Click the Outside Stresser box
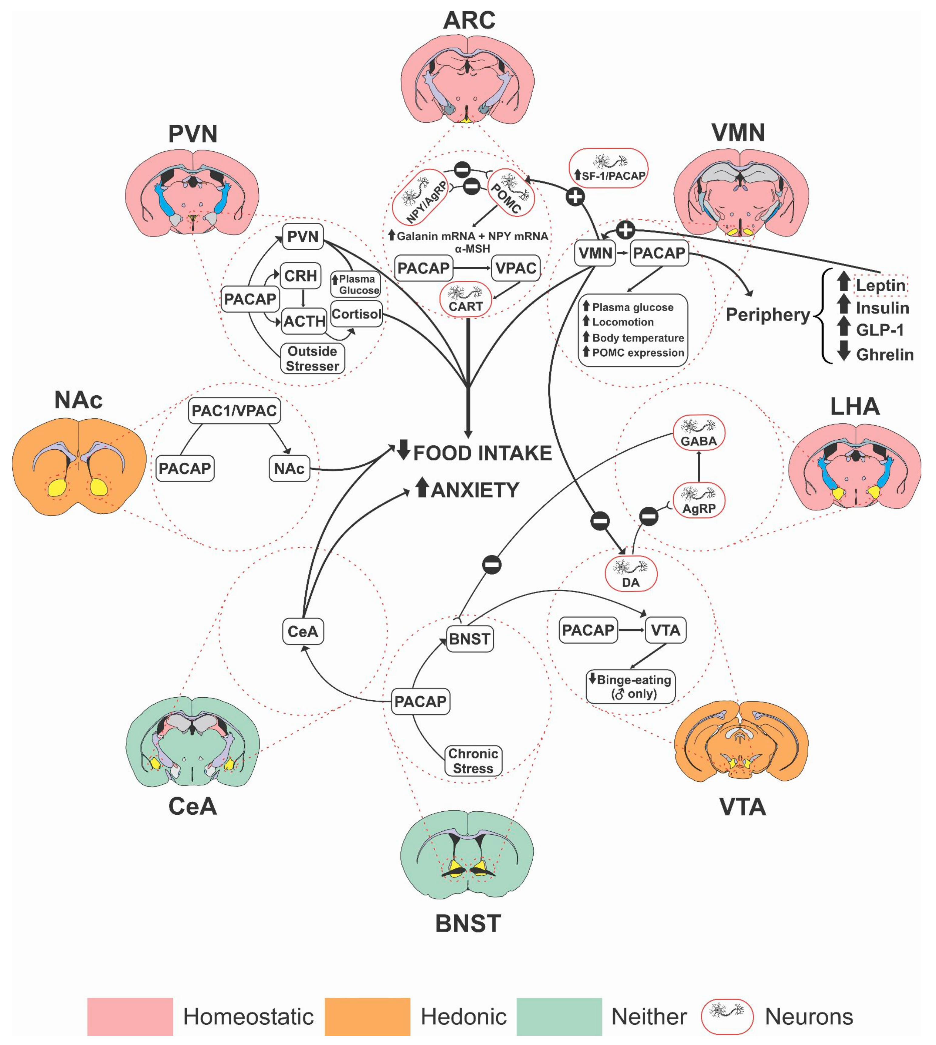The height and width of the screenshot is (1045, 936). point(312,358)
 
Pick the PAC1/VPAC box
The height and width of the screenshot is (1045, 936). point(235,410)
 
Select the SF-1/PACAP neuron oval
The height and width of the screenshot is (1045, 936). point(609,168)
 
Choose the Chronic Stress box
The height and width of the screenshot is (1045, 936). point(473,761)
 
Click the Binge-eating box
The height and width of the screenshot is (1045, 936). point(630,686)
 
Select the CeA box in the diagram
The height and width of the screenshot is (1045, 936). point(303,631)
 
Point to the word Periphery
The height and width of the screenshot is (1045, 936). point(767,315)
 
